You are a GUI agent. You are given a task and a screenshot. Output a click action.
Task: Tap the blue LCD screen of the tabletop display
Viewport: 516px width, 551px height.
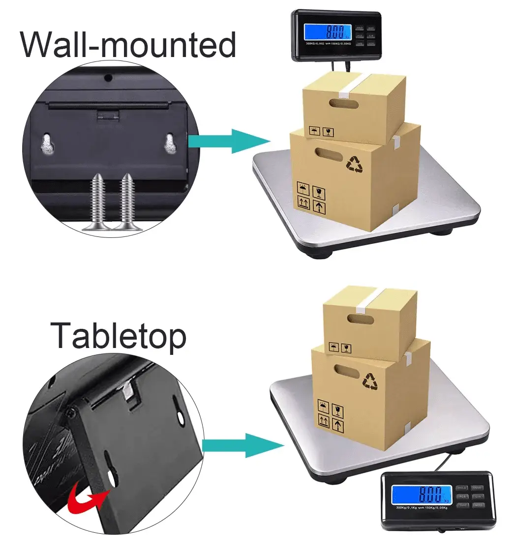pos(421,493)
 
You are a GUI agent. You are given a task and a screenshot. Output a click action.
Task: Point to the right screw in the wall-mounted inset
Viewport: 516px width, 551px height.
pos(127,202)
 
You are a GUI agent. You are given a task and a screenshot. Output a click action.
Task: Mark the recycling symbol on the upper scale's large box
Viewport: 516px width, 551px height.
pos(355,164)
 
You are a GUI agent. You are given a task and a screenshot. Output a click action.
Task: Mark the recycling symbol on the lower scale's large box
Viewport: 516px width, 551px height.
pos(370,380)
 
